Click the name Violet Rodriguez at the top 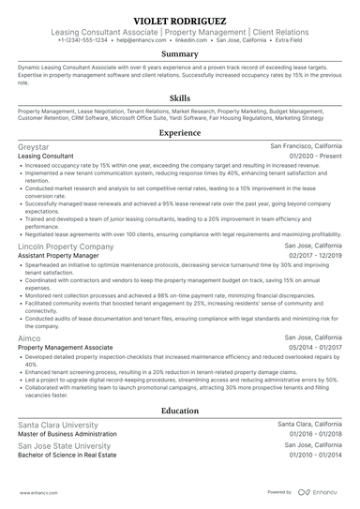pos(179,20)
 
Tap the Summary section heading pos(179,54)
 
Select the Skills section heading pos(179,97)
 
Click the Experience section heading pos(179,134)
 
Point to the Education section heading pos(179,411)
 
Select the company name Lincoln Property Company pos(65,247)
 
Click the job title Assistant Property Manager pos(59,256)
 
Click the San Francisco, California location pos(307,147)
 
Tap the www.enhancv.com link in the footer pos(37,491)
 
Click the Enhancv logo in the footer pos(318,491)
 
